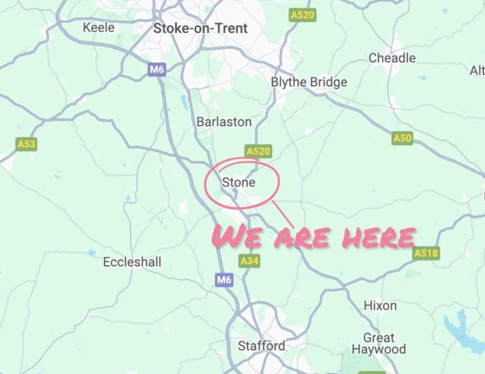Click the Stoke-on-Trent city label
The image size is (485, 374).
pos(200,28)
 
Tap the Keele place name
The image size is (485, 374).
pos(99,27)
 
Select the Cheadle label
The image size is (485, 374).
pos(392,58)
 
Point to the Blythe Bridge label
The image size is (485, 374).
pos(309,82)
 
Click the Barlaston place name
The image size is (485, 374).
pos(224,122)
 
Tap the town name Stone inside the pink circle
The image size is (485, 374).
pos(239,183)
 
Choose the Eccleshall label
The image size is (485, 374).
pos(132,262)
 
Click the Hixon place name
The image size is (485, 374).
pos(380,306)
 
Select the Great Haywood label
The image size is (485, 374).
pos(379,344)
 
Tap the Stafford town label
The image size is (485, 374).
pos(261,346)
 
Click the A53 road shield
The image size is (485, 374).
pos(26,144)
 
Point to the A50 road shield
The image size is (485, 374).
pos(402,138)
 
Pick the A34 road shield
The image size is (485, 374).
pos(249,261)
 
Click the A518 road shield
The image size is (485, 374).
pos(426,253)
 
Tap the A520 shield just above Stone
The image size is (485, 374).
pos(258,151)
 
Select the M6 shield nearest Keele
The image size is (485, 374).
pos(157,69)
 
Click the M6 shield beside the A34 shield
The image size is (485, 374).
pos(224,279)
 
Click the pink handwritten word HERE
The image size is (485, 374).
pos(378,238)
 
